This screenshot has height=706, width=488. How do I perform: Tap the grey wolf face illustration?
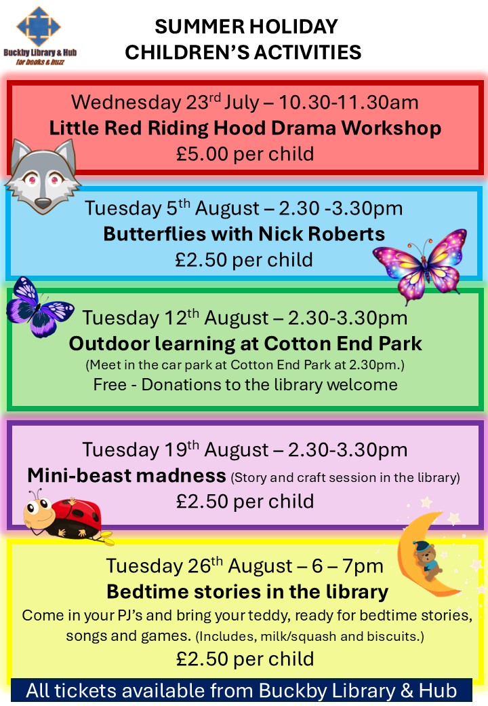click(43, 176)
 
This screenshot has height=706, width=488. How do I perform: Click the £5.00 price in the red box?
click(202, 153)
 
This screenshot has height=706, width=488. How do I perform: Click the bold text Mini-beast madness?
click(126, 476)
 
